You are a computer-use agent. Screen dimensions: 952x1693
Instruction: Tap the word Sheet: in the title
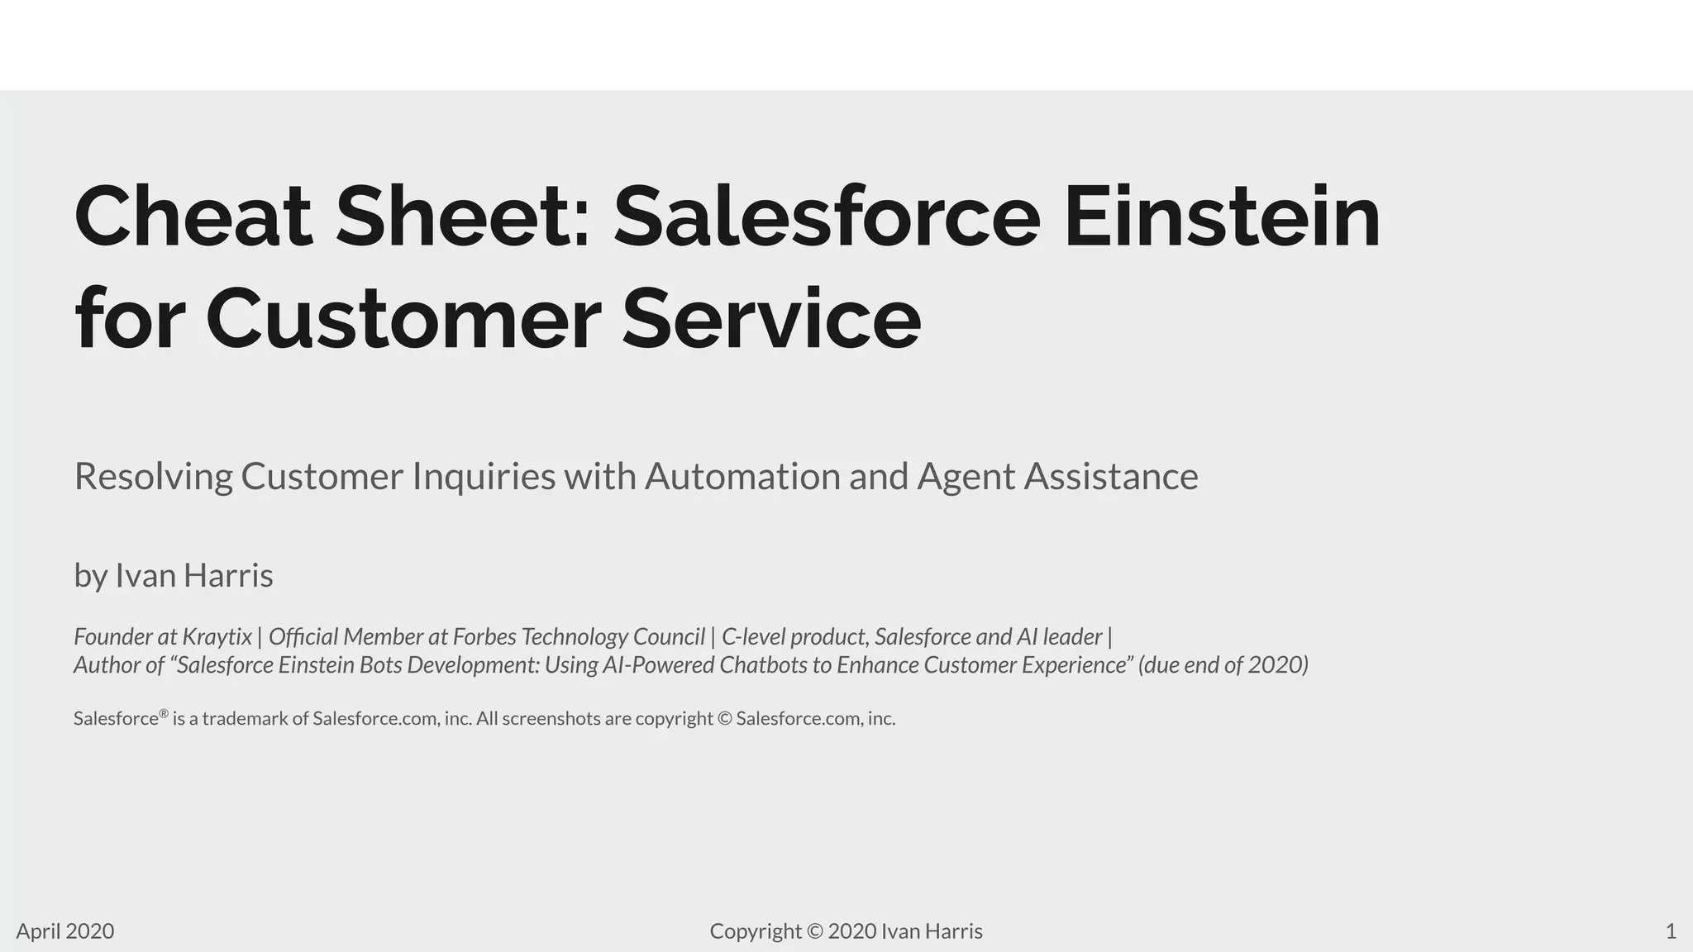pyautogui.click(x=464, y=217)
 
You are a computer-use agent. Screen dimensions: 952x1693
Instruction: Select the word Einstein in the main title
pyautogui.click(x=1222, y=217)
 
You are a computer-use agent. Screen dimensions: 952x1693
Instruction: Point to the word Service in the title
pyautogui.click(x=770, y=319)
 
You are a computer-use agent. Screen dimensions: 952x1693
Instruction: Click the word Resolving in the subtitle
pyautogui.click(x=154, y=477)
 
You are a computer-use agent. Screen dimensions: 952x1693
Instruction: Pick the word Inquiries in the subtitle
pyautogui.click(x=484, y=477)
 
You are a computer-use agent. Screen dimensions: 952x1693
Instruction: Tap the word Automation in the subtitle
pyautogui.click(x=742, y=477)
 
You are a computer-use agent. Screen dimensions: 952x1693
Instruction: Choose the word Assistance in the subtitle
pyautogui.click(x=1111, y=477)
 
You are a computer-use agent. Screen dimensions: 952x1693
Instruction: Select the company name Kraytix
pyautogui.click(x=217, y=637)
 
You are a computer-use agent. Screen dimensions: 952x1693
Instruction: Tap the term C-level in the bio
pyautogui.click(x=753, y=637)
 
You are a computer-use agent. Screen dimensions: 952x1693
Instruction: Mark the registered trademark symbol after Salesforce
pyautogui.click(x=164, y=713)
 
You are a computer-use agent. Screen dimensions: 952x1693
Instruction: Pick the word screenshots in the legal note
pyautogui.click(x=551, y=719)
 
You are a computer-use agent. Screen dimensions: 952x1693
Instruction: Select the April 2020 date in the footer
pyautogui.click(x=65, y=931)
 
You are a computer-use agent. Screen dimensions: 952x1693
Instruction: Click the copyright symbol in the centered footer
pyautogui.click(x=814, y=931)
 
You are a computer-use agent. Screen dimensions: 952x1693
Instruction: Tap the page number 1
pyautogui.click(x=1671, y=931)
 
